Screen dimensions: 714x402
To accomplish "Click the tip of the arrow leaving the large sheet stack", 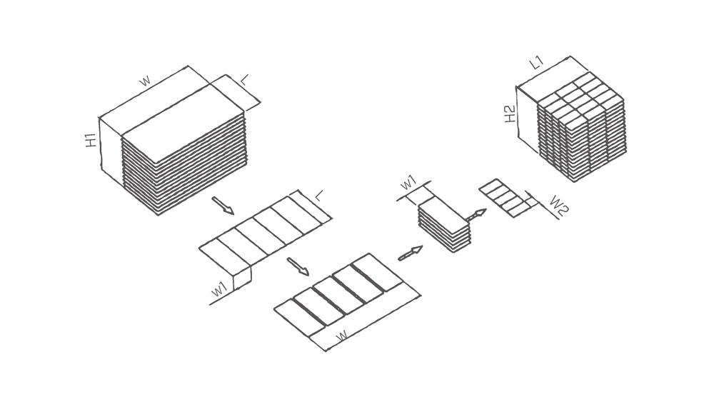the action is pos(233,213).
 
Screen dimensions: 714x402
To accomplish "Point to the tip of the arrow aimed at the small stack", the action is pos(423,247).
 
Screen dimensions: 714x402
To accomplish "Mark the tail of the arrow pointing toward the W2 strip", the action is pos(467,221).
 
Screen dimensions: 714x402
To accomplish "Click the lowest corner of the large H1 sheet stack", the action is pos(158,215).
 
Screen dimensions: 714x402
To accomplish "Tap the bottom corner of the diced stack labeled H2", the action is pos(575,182).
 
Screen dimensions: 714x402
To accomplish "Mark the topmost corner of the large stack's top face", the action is pos(188,66).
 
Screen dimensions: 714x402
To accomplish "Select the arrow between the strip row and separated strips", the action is pos(298,266).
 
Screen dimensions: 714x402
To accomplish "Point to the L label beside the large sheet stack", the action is pos(244,81).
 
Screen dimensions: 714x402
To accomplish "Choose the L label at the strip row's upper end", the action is pos(319,196).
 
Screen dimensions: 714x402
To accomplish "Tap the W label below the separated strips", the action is pos(343,336).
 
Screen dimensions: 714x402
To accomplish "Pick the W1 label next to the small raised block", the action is pos(219,289).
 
